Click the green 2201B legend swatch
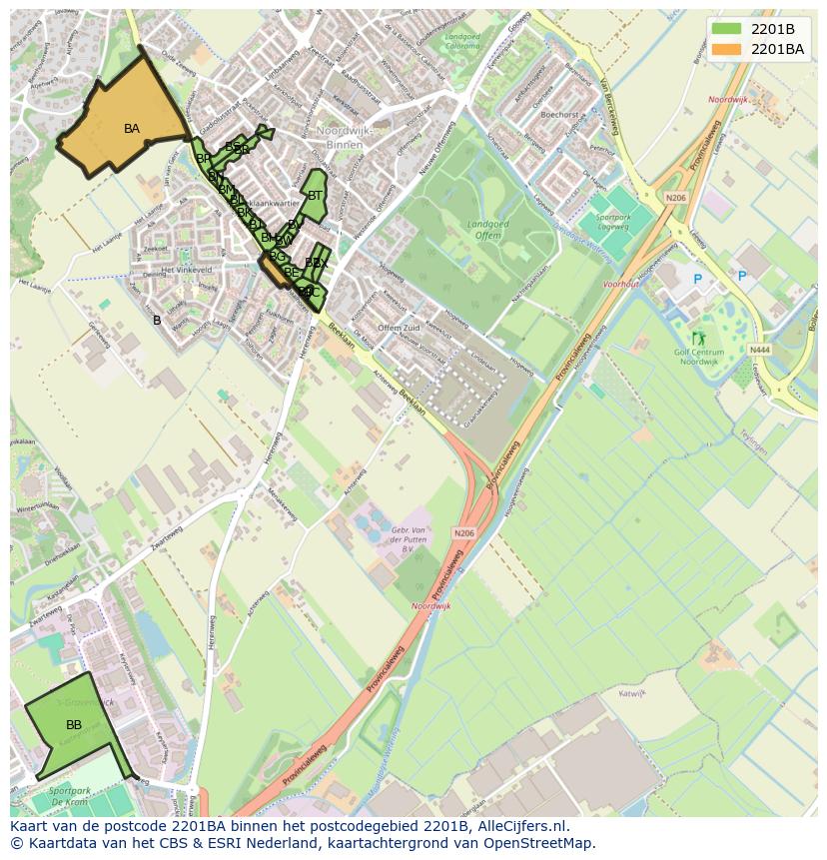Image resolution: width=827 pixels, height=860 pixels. (x=726, y=28)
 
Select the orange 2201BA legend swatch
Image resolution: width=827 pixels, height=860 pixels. (x=726, y=48)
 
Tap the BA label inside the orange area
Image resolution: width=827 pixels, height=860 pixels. (x=132, y=129)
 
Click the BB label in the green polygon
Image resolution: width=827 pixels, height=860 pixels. (x=74, y=724)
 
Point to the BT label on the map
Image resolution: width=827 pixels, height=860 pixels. (x=315, y=196)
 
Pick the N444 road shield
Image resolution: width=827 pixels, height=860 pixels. (x=759, y=350)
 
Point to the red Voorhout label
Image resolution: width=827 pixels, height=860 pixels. (x=621, y=284)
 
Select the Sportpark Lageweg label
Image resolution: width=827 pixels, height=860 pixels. (x=613, y=221)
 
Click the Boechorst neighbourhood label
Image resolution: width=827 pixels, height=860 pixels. (x=559, y=115)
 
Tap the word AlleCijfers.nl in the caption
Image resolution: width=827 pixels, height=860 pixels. (x=522, y=826)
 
